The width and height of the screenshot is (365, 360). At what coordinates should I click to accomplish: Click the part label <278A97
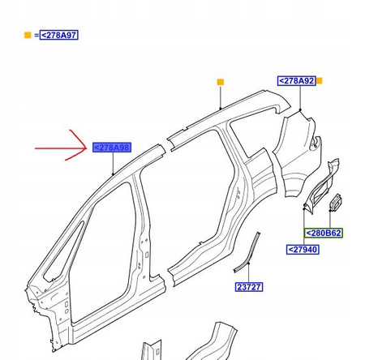(59, 35)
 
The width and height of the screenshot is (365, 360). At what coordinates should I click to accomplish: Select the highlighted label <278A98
(112, 148)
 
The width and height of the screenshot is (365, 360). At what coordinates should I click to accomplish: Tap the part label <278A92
(297, 81)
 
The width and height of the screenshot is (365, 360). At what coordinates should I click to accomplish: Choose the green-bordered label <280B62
(324, 233)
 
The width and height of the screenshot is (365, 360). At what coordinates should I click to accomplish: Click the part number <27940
(303, 250)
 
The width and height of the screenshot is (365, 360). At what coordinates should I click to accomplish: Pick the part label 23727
(249, 287)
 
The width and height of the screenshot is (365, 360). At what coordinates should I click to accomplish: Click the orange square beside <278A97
(28, 35)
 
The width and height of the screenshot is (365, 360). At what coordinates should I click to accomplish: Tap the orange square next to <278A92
(320, 81)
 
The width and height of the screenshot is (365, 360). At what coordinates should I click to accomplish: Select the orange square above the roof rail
(221, 82)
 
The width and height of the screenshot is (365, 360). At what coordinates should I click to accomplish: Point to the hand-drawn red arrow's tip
(87, 148)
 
